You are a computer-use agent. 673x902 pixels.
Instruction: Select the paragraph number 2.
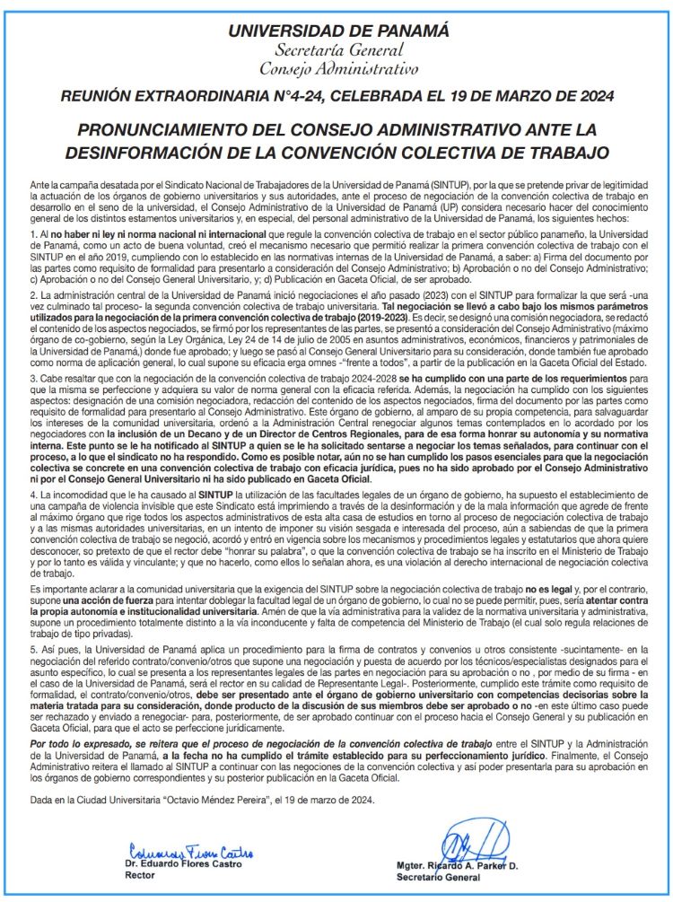pos(31,293)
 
